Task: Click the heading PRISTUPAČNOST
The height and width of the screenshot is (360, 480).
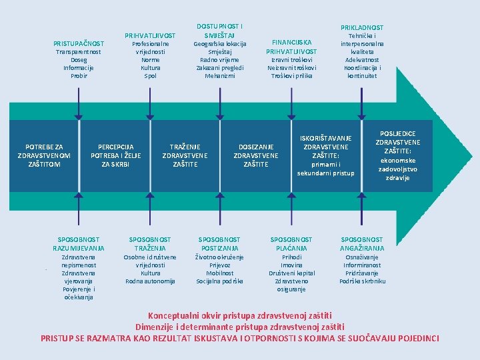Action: [79, 43]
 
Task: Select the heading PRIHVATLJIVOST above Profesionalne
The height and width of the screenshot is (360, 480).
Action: [151, 35]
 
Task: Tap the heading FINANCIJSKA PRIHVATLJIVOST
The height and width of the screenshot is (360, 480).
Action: [291, 47]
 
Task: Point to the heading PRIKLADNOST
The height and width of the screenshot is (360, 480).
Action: [362, 27]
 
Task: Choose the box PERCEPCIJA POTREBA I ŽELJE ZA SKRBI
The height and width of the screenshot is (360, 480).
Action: [115, 155]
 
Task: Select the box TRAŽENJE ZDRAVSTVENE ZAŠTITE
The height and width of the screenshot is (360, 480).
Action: [185, 155]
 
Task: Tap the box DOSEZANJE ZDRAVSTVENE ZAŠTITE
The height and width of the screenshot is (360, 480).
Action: [256, 155]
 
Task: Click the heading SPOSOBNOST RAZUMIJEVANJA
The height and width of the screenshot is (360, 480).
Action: [79, 243]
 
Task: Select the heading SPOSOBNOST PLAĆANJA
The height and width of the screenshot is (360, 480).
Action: [291, 243]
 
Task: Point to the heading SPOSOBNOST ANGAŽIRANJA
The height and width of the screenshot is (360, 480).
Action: [362, 243]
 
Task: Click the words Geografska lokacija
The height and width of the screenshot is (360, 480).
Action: [219, 44]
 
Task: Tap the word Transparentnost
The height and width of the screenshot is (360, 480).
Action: [79, 51]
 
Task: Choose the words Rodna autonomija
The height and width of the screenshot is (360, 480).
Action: [150, 281]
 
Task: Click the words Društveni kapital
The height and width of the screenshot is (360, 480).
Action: [291, 273]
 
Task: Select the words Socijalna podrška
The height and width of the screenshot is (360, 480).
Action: [219, 281]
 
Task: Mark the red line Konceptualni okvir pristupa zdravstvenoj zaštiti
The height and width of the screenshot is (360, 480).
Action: [239, 315]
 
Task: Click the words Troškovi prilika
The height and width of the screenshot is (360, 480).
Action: [291, 75]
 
